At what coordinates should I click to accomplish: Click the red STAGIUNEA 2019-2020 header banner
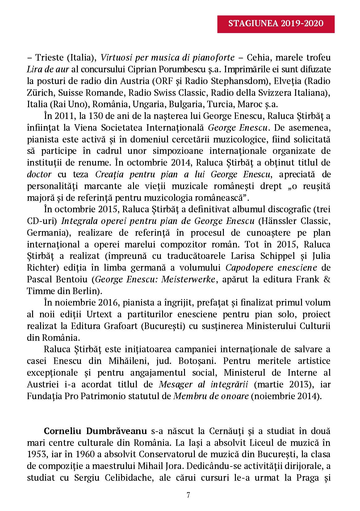pos(276,24)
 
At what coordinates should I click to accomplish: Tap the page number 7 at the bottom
pos(188,495)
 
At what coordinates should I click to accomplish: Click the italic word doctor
pos(39,175)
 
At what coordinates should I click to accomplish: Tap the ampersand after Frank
pos(327,280)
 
